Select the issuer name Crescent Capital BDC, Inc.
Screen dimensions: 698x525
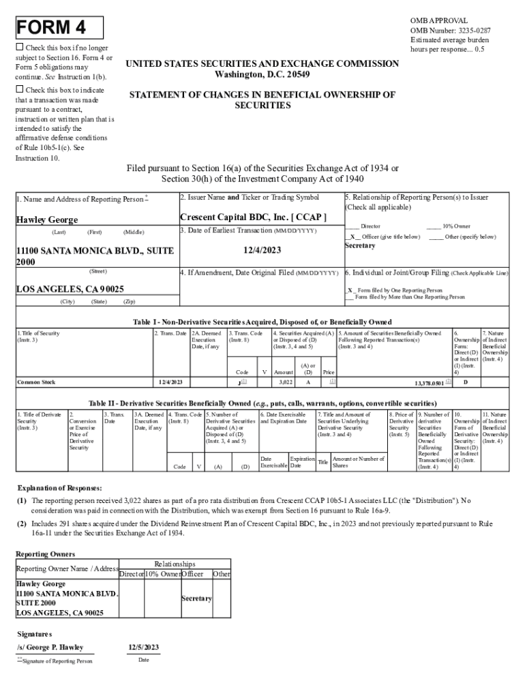pyautogui.click(x=253, y=217)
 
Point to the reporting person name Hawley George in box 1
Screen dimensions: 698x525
pyautogui.click(x=47, y=219)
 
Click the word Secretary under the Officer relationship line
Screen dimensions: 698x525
pyautogui.click(x=361, y=245)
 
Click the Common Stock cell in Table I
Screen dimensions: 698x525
pyautogui.click(x=36, y=382)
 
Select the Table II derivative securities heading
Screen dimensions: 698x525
pyautogui.click(x=262, y=402)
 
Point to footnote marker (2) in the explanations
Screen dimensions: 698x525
pyautogui.click(x=22, y=523)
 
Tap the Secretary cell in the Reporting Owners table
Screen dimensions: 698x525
pyautogui.click(x=196, y=598)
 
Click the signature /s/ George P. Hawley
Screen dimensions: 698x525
pyautogui.click(x=50, y=647)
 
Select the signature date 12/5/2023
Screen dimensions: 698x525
pyautogui.click(x=143, y=647)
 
